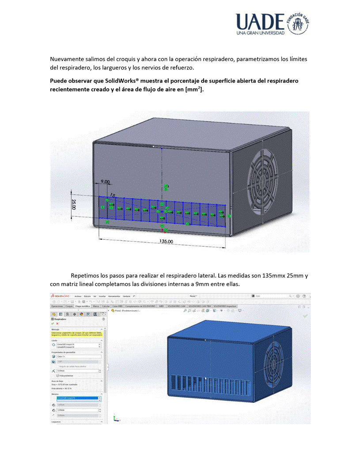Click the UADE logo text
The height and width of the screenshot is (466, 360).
point(261,22)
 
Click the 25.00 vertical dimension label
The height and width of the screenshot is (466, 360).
point(74,204)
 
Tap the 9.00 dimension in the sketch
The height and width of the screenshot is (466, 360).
point(105,182)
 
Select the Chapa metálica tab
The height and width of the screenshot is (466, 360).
point(82,306)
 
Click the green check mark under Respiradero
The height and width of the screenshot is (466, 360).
point(53,323)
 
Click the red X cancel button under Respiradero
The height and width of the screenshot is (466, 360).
point(57,323)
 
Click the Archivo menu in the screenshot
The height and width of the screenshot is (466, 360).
point(78,296)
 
